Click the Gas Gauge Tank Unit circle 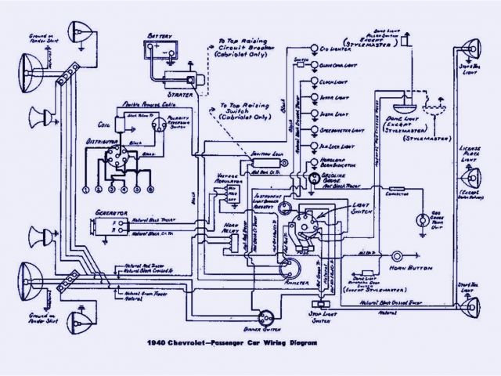(x=423, y=219)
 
